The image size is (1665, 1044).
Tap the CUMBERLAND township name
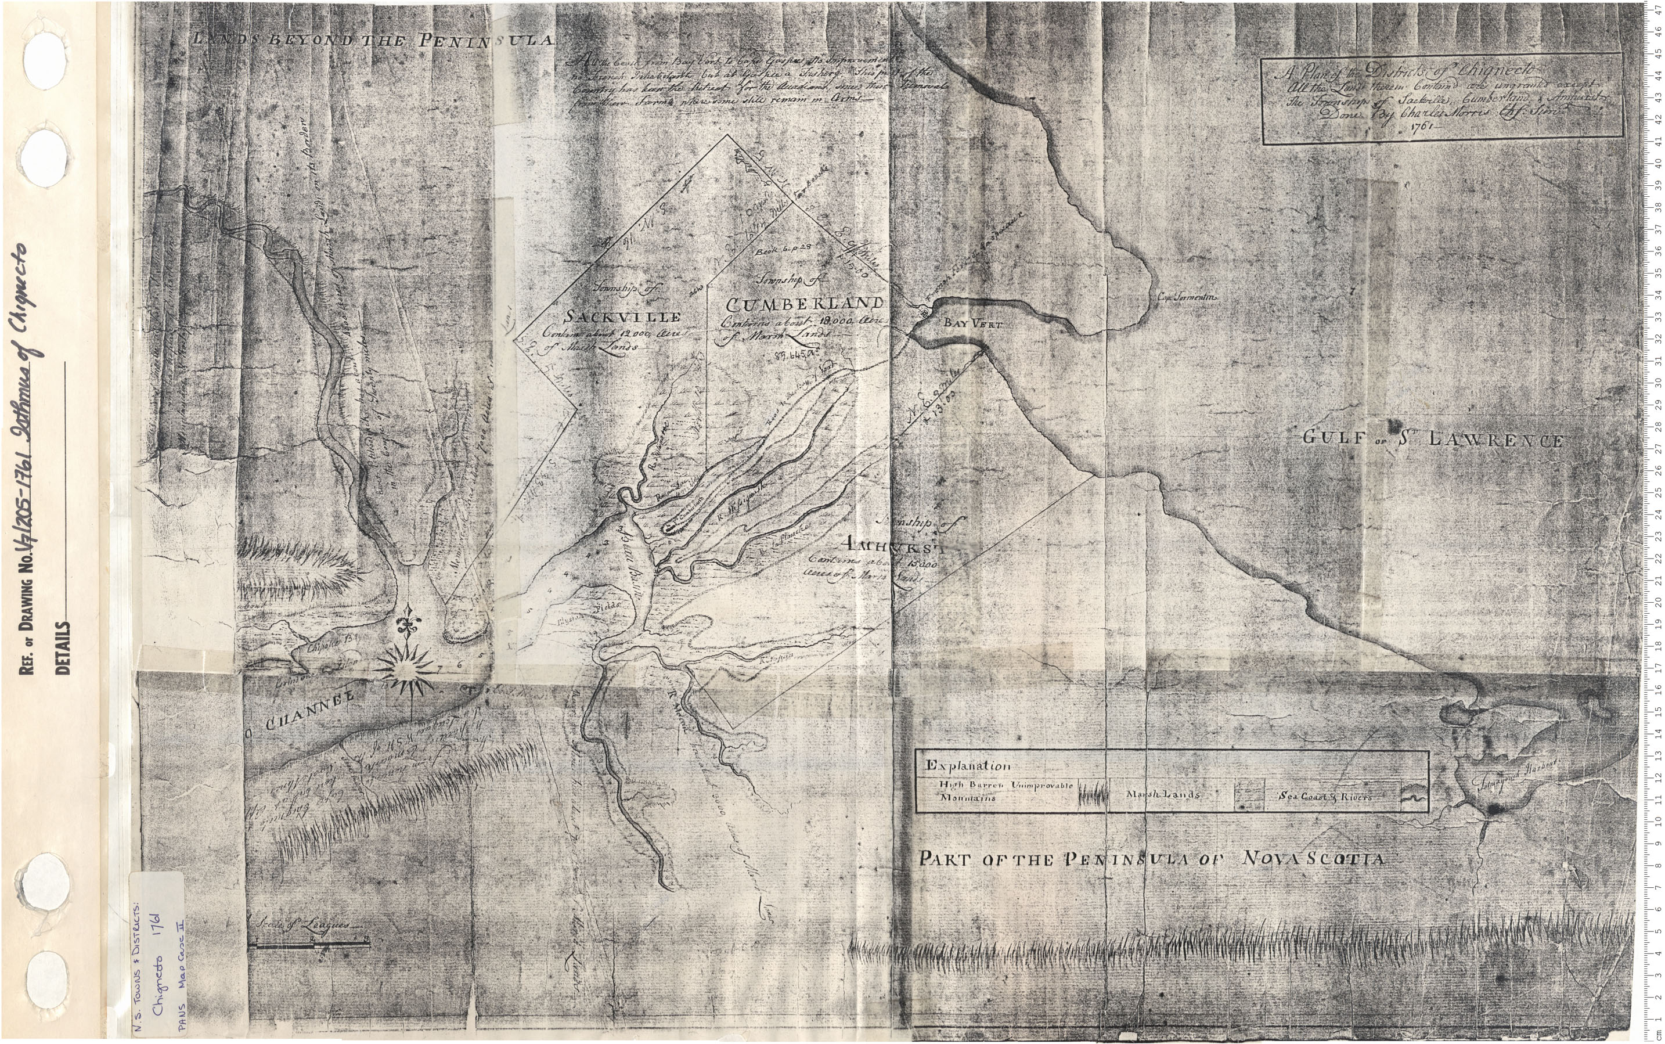pos(802,304)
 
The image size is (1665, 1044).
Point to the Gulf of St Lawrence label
pos(1433,439)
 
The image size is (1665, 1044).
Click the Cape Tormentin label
pos(1187,298)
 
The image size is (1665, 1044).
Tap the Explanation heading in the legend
pos(968,766)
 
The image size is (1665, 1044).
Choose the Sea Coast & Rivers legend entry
pos(1325,796)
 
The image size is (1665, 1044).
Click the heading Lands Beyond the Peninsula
pos(373,40)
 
